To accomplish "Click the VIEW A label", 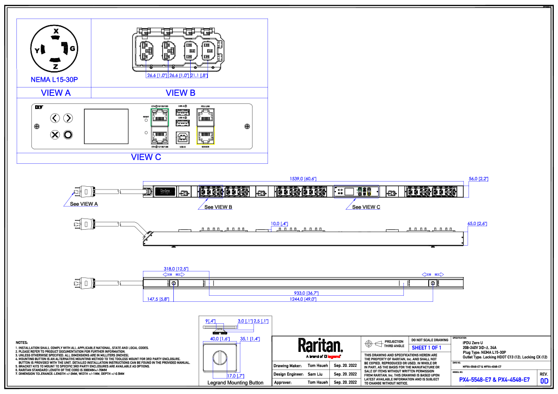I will click(x=56, y=93).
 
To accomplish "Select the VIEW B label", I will click(x=180, y=93).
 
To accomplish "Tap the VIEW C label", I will click(x=146, y=157).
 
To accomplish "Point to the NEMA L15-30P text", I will click(x=54, y=80).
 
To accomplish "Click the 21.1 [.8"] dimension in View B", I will click(x=199, y=76).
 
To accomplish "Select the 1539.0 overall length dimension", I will click(x=303, y=179).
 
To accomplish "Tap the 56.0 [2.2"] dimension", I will click(x=478, y=179).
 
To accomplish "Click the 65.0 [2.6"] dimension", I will click(x=477, y=224).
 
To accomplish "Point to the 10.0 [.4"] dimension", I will click(x=279, y=224).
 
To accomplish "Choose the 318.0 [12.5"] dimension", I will click(x=176, y=269).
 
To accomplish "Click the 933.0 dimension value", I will click(x=306, y=293).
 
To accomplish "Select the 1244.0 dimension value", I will click(x=303, y=299).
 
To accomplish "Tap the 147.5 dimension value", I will click(x=158, y=299).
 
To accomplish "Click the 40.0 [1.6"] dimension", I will click(x=220, y=339).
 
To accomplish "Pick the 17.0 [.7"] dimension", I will click(x=235, y=376).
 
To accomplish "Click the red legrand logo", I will click(x=334, y=357).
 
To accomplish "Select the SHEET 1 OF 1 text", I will click(x=426, y=348).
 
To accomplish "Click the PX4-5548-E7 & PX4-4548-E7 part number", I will click(x=494, y=380).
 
